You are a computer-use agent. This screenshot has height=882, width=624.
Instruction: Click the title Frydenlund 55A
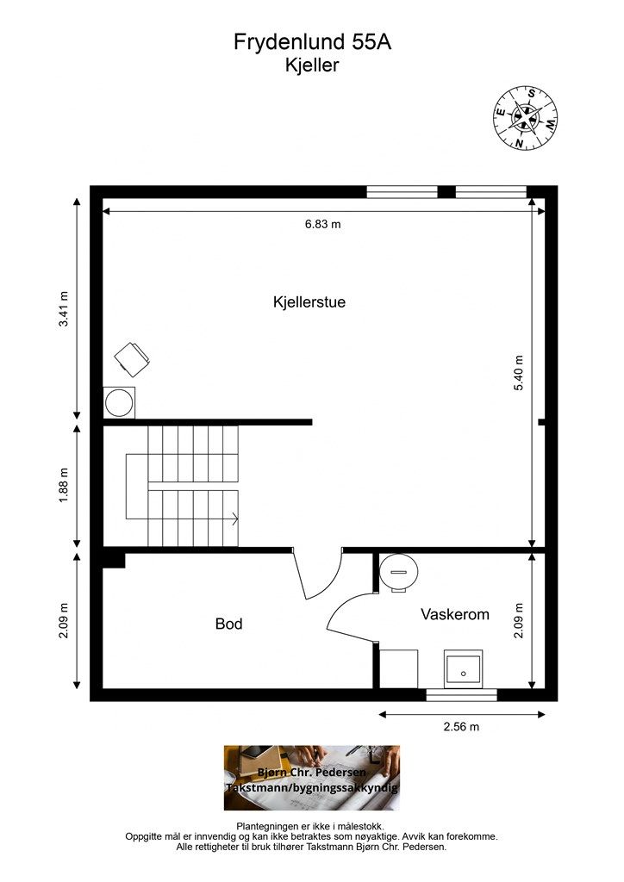(312, 42)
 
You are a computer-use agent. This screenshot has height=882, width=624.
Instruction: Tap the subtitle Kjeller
(312, 65)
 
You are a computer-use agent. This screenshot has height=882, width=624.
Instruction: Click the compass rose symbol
(526, 118)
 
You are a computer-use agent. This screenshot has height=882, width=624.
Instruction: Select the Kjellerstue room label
(309, 302)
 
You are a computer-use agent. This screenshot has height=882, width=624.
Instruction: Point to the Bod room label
(228, 624)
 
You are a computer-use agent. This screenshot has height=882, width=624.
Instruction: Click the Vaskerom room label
(454, 614)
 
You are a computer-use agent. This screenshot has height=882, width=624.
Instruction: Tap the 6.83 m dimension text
(322, 224)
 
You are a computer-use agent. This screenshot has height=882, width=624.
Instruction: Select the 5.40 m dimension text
(519, 372)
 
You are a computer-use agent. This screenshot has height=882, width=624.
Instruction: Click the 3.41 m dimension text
(64, 309)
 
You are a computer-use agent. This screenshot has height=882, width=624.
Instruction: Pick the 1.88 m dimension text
(64, 486)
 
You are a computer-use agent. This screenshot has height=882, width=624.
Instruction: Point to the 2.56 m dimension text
(461, 727)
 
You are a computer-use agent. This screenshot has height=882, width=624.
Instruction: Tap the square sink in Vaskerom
(463, 668)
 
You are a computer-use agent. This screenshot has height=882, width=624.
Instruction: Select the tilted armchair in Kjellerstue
(132, 359)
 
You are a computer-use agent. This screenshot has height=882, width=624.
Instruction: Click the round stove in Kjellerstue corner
(119, 403)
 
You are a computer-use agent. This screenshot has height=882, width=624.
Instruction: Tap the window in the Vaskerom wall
(461, 695)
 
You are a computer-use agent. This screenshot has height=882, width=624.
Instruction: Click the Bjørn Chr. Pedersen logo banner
(312, 778)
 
